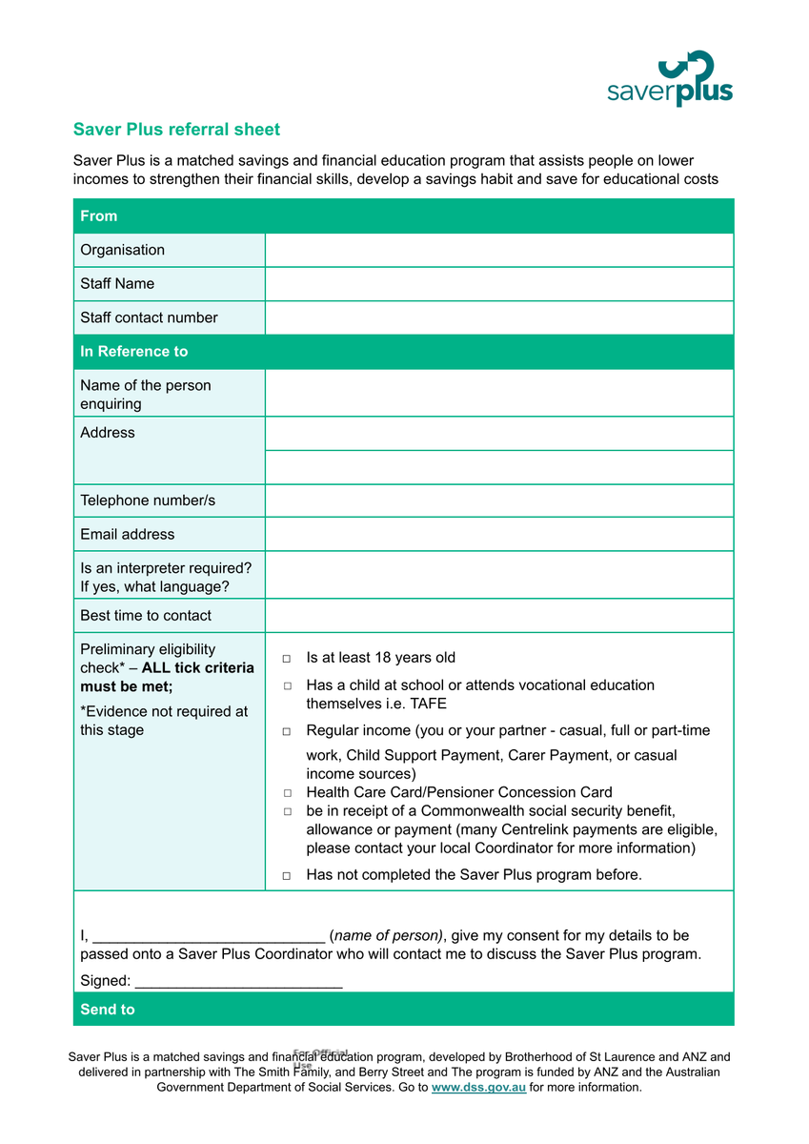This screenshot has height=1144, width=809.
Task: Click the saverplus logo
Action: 670,79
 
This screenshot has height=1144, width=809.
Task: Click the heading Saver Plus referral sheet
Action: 176,130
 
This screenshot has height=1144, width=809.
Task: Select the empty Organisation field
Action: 498,250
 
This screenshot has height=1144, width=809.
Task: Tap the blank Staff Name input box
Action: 498,284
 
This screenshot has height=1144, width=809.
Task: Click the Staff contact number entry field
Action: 498,317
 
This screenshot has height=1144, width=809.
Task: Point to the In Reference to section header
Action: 134,352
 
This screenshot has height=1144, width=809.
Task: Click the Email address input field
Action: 498,534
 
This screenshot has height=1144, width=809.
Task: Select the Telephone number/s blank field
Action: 498,500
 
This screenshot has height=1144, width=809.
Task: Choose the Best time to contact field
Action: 498,616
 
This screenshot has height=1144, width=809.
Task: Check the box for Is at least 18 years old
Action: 287,659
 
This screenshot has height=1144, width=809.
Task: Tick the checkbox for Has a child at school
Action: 287,686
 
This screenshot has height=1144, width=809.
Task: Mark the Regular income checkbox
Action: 287,731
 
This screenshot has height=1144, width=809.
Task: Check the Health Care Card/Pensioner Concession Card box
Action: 287,793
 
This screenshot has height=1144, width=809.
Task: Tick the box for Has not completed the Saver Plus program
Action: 287,875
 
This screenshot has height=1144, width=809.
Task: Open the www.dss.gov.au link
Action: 478,1087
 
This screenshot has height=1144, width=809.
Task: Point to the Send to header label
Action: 108,1010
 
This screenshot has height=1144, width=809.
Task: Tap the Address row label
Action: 108,433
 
